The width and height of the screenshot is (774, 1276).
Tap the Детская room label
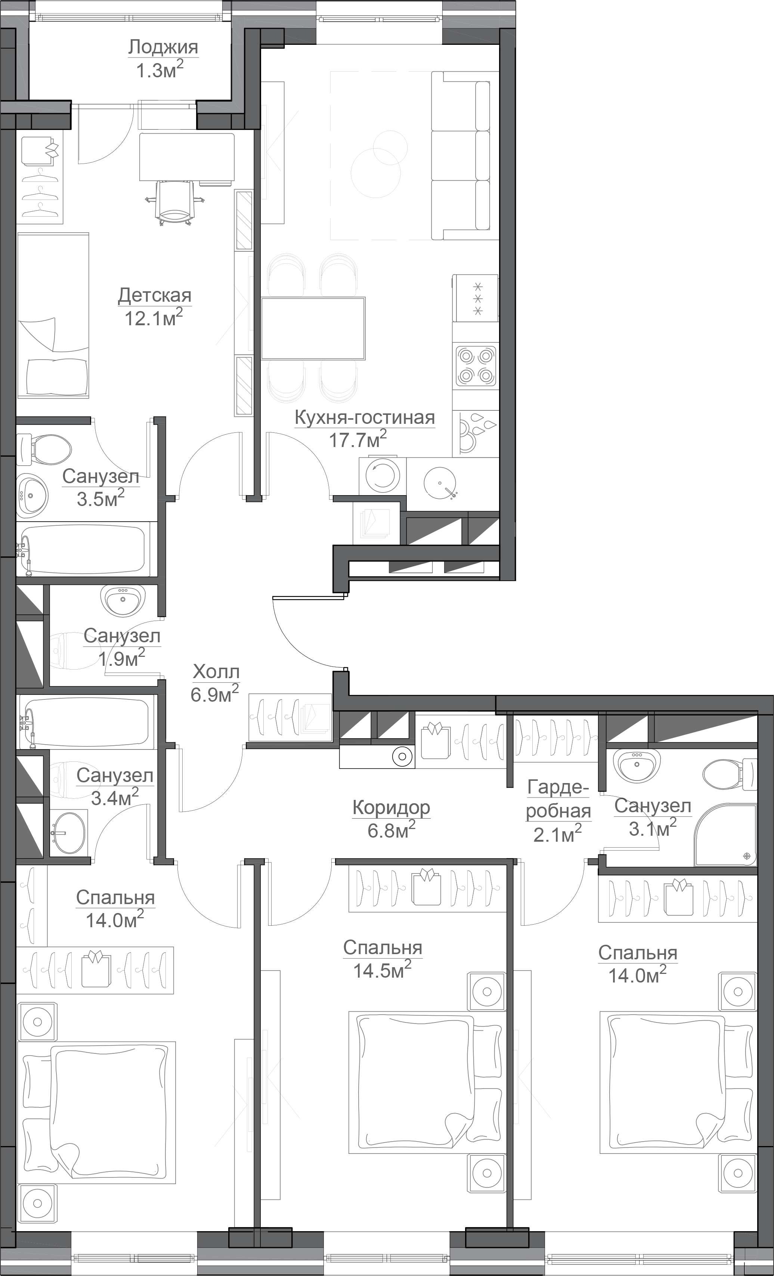154,296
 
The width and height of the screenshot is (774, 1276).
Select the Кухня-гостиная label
365,417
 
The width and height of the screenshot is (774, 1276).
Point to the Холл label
216,672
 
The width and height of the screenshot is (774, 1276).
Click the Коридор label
391,807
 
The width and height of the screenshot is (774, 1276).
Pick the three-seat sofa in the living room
461,156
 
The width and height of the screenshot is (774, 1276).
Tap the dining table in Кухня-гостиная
313,328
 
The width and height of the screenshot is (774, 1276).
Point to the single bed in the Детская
53,316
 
